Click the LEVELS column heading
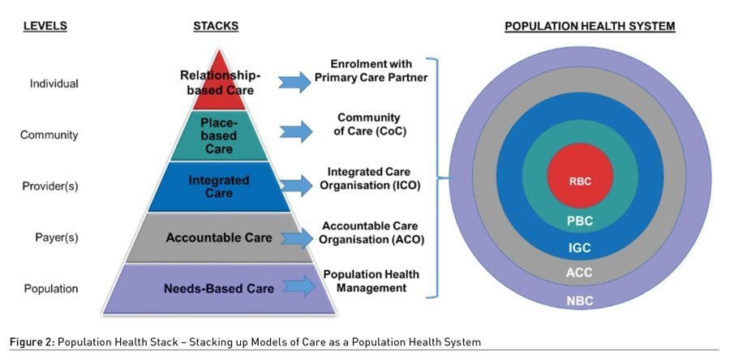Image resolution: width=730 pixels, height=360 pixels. click(45, 26)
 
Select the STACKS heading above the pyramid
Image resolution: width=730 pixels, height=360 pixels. click(216, 26)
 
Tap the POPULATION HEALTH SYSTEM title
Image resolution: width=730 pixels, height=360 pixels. click(590, 26)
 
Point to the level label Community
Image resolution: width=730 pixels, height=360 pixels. click(49, 135)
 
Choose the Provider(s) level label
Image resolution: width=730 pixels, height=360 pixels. click(50, 186)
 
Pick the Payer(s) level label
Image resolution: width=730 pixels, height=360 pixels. click(50, 238)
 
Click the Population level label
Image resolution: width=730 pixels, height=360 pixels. click(50, 289)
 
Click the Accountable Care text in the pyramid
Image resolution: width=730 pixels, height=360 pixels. click(219, 238)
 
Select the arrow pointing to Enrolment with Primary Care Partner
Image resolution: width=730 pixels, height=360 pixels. click(294, 82)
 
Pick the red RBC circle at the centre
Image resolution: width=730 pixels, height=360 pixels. click(579, 181)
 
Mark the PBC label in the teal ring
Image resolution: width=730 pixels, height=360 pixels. click(579, 220)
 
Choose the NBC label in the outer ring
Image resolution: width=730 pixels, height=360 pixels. click(579, 301)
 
